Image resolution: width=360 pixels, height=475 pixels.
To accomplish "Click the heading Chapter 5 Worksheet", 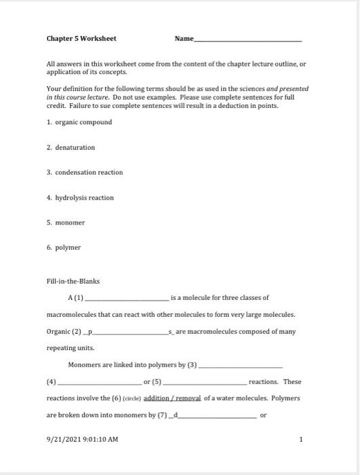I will [x=81, y=39].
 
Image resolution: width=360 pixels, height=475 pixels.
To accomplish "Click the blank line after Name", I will [x=248, y=40].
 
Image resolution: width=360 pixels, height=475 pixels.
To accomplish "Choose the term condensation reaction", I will [x=88, y=172].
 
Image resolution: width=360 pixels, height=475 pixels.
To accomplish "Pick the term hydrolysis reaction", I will [x=84, y=197].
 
